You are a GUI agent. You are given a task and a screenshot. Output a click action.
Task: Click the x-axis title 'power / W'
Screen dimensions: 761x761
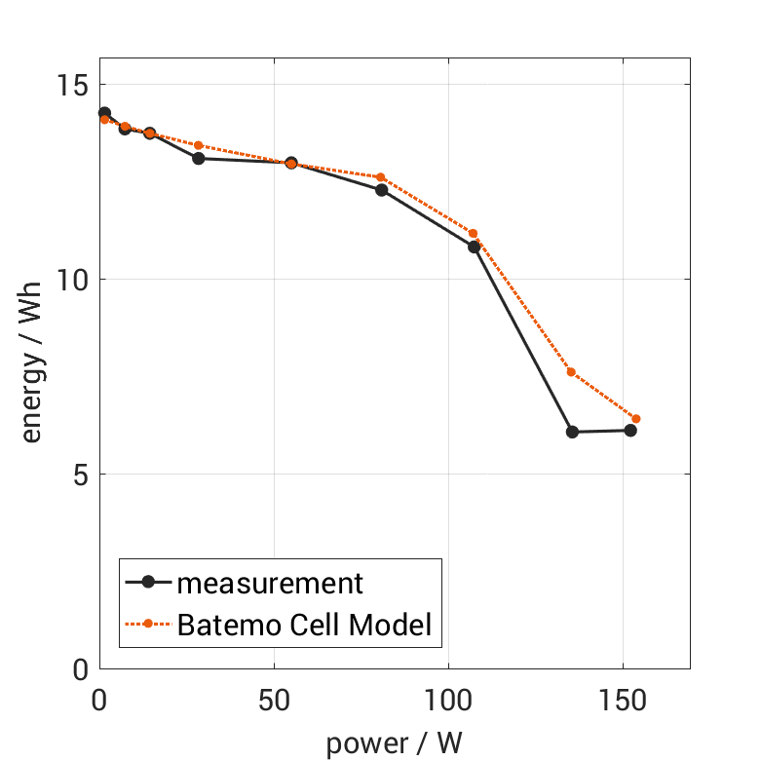point(394,742)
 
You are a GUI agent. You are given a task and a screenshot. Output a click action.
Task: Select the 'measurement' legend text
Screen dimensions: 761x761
point(270,584)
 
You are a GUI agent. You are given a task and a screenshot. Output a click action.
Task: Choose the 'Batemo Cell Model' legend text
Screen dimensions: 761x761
point(304,624)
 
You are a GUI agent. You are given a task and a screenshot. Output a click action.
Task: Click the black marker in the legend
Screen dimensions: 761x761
point(148,583)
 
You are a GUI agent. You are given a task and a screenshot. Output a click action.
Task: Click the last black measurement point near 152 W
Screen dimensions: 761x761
point(630,431)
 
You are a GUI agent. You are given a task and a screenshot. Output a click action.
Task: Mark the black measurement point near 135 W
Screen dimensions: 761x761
point(572,432)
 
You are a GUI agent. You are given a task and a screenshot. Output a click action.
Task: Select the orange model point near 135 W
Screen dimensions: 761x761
point(571,372)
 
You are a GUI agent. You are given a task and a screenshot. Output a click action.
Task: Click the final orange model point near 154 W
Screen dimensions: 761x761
point(636,419)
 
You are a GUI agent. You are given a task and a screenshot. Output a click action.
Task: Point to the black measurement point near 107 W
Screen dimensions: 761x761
point(475,247)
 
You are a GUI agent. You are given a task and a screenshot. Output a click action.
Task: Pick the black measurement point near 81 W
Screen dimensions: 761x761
point(382,190)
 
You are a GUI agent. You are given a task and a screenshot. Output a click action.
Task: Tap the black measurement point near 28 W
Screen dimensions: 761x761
point(198,158)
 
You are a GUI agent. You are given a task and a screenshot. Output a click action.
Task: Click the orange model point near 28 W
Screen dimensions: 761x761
point(198,145)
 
